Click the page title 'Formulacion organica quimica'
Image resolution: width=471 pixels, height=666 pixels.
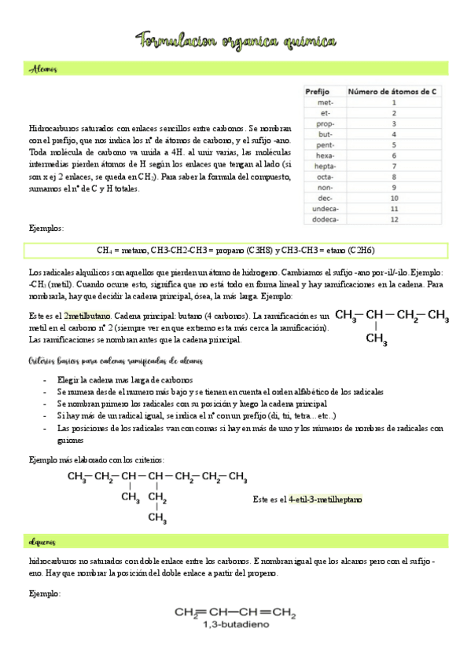coord(237,41)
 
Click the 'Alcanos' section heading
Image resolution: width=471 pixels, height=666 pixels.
coord(43,70)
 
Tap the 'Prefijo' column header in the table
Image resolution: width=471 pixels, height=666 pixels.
coord(318,91)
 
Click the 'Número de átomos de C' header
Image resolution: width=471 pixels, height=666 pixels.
coord(392,91)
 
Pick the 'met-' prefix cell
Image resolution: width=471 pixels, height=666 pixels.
coord(325,102)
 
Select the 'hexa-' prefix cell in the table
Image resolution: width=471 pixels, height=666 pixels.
coord(324,156)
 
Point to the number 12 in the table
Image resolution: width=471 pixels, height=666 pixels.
coord(393,220)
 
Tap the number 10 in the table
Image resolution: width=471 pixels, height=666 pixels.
coord(393,199)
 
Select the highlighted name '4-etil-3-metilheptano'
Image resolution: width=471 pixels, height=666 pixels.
coord(326,499)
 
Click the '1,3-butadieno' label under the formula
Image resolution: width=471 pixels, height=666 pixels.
coord(235,625)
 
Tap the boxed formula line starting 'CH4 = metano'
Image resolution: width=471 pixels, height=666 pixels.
coord(236,251)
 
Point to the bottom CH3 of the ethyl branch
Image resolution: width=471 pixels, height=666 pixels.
coord(157,518)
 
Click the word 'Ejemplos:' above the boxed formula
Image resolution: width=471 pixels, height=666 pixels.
coord(46,229)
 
